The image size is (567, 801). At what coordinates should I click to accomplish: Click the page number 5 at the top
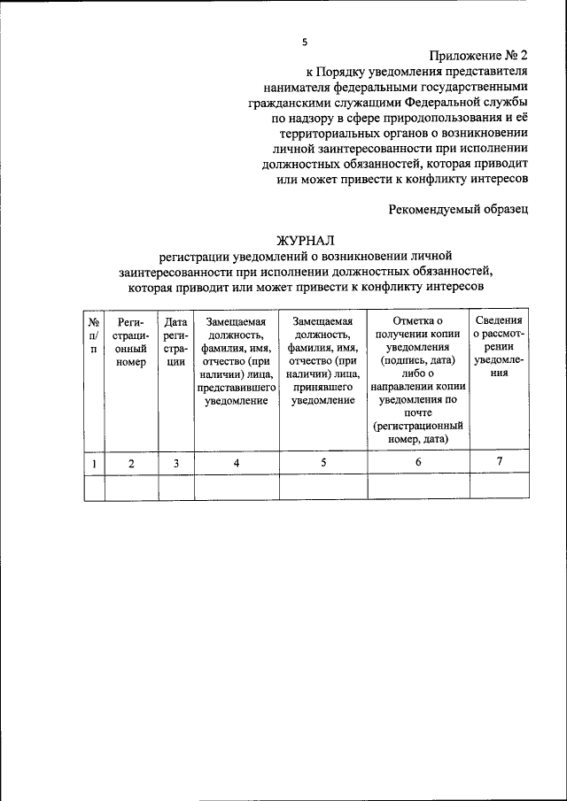pyautogui.click(x=304, y=41)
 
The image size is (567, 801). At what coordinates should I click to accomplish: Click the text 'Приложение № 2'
pyautogui.click(x=479, y=56)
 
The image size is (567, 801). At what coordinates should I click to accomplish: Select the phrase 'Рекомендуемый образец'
pyautogui.click(x=458, y=209)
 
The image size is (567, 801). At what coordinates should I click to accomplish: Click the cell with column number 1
pyautogui.click(x=93, y=463)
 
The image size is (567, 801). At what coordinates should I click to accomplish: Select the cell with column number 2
pyautogui.click(x=130, y=463)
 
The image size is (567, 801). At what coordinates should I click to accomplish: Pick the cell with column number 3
pyautogui.click(x=175, y=463)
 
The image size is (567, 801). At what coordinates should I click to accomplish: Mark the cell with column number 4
pyautogui.click(x=236, y=463)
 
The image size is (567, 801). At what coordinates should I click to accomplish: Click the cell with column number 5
pyautogui.click(x=322, y=463)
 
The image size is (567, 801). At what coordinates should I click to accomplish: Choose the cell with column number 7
pyautogui.click(x=500, y=462)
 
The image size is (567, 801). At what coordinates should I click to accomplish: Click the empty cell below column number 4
pyautogui.click(x=236, y=488)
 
